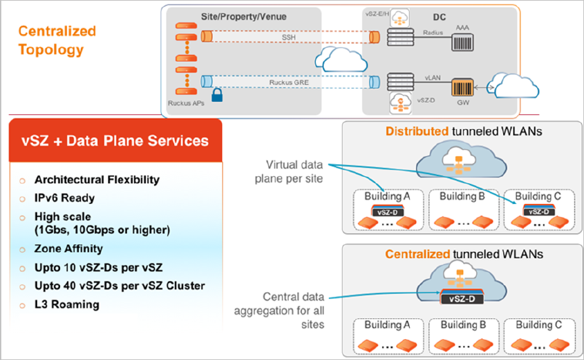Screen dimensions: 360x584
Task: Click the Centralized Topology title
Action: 57,41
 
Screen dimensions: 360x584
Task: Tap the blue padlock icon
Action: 217,96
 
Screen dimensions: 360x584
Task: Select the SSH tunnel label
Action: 288,38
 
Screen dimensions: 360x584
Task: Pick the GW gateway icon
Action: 462,88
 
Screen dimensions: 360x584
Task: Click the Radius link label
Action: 432,31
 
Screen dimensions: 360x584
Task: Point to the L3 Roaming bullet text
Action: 66,304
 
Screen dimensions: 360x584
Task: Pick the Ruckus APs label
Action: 184,103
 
